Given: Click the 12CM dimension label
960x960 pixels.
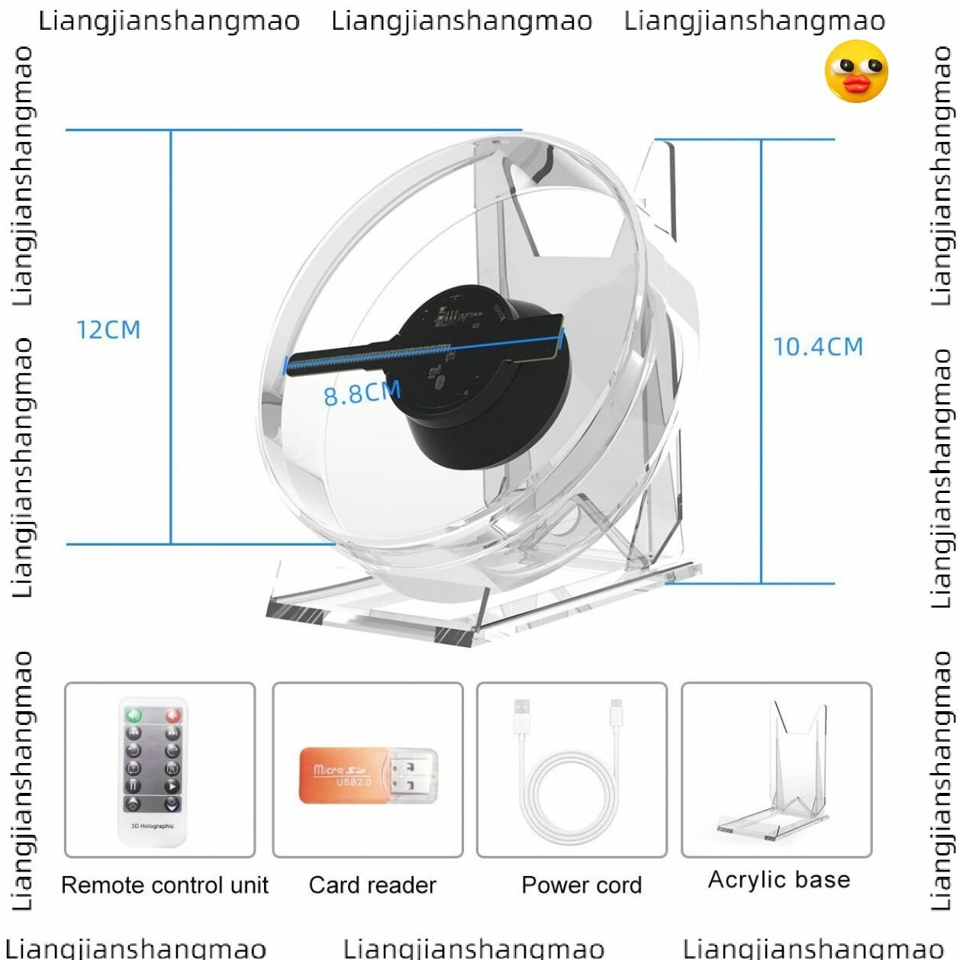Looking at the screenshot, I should point(108,330).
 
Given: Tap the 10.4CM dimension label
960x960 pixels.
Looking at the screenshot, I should point(818,347).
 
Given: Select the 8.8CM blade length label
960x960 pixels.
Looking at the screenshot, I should point(362,393).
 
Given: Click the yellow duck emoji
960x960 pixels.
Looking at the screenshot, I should point(856,72).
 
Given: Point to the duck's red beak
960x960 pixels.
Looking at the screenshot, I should point(859,84).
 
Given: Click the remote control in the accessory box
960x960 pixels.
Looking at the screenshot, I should point(153,771).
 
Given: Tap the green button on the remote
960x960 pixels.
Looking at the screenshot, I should point(134,716).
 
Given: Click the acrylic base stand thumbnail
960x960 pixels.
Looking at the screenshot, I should point(775,771).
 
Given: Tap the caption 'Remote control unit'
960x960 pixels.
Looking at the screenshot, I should point(165,885).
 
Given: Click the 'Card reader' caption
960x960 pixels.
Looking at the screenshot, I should point(372,885).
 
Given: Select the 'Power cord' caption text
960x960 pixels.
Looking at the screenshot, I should point(581,885).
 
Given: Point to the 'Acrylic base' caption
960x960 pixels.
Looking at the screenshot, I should point(779,880).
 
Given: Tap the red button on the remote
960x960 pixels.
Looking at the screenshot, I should point(172,716).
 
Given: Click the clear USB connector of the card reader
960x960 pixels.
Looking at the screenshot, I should point(414,775).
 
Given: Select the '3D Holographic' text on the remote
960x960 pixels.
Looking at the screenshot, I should point(153,826).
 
